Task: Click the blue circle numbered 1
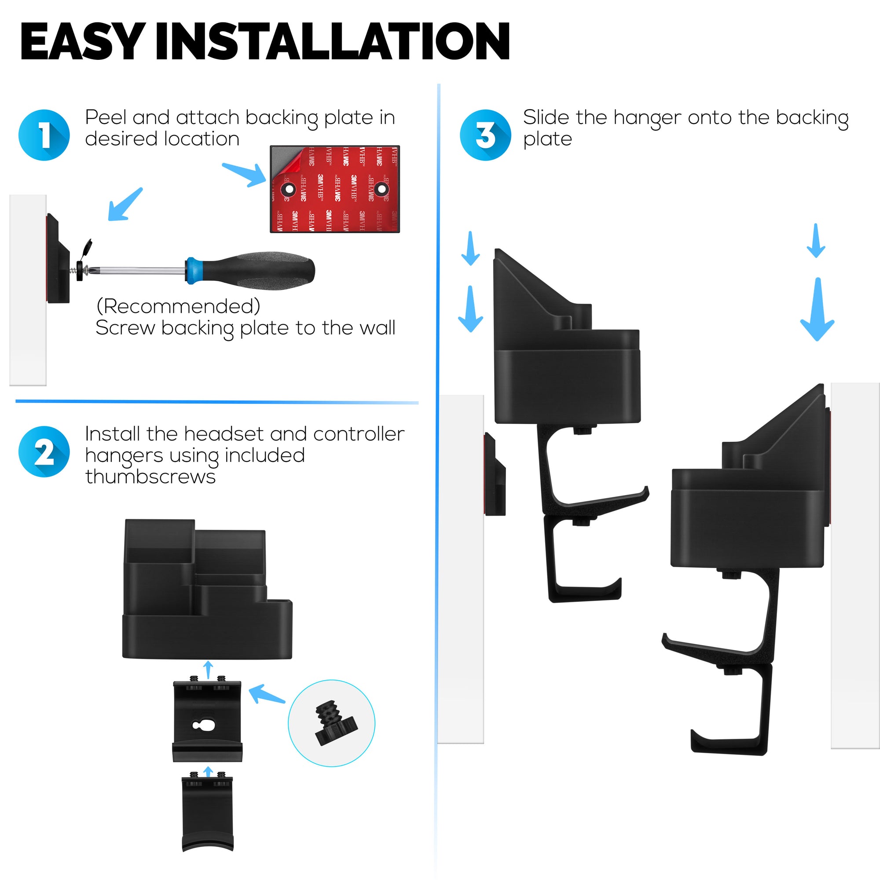pos(44,135)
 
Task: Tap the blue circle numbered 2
pos(44,451)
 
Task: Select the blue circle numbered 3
pos(486,135)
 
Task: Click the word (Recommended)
pos(178,306)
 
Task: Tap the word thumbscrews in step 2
pos(150,477)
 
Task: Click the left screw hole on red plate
pos(288,189)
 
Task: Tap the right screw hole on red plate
pos(381,189)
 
